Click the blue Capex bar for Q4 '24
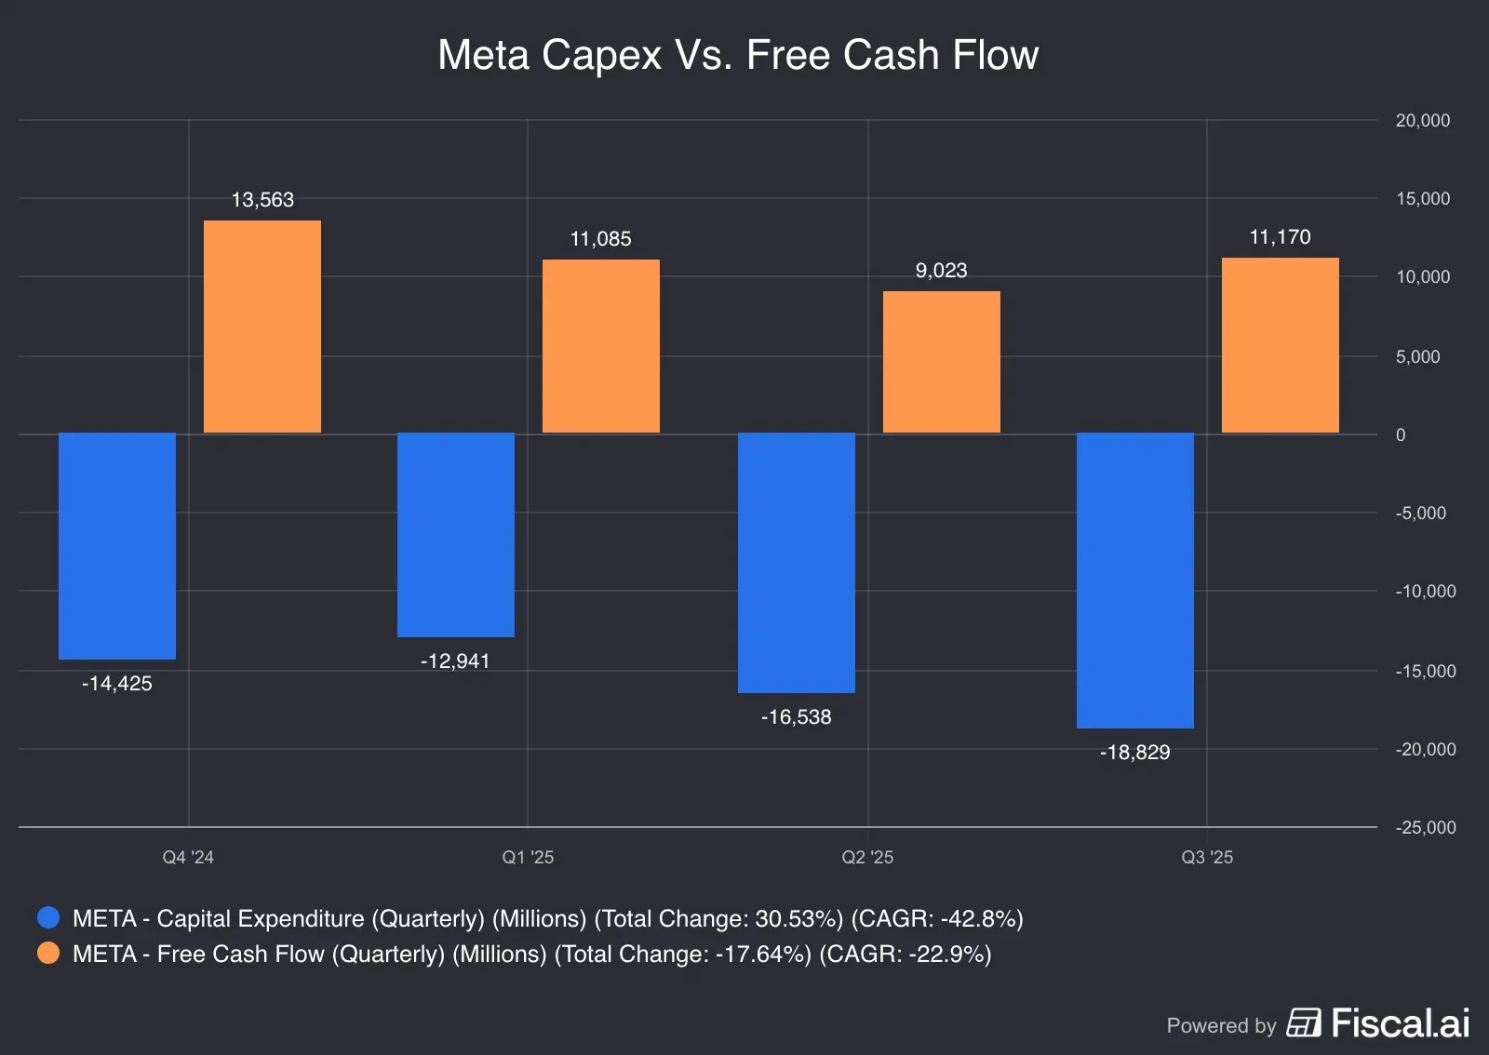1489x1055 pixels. tap(117, 546)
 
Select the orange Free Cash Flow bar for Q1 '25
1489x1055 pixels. tap(601, 346)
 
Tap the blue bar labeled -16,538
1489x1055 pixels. tap(797, 563)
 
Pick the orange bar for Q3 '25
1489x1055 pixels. tap(1281, 345)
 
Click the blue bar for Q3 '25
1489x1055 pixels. tap(1135, 581)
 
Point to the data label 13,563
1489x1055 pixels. tap(262, 200)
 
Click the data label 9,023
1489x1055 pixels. tap(941, 271)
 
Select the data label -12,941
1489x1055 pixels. tap(455, 661)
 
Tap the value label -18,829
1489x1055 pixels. tap(1134, 753)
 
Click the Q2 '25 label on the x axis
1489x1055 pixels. tap(867, 858)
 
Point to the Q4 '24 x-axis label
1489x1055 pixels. tap(188, 858)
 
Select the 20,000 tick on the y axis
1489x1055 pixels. tap(1422, 121)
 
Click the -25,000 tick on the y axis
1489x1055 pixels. tap(1425, 828)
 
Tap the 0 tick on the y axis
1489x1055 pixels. tap(1401, 435)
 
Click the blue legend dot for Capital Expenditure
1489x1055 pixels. tap(48, 918)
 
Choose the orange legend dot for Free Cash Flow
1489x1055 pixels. tap(48, 954)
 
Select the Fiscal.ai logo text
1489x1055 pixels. tap(1400, 1023)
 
